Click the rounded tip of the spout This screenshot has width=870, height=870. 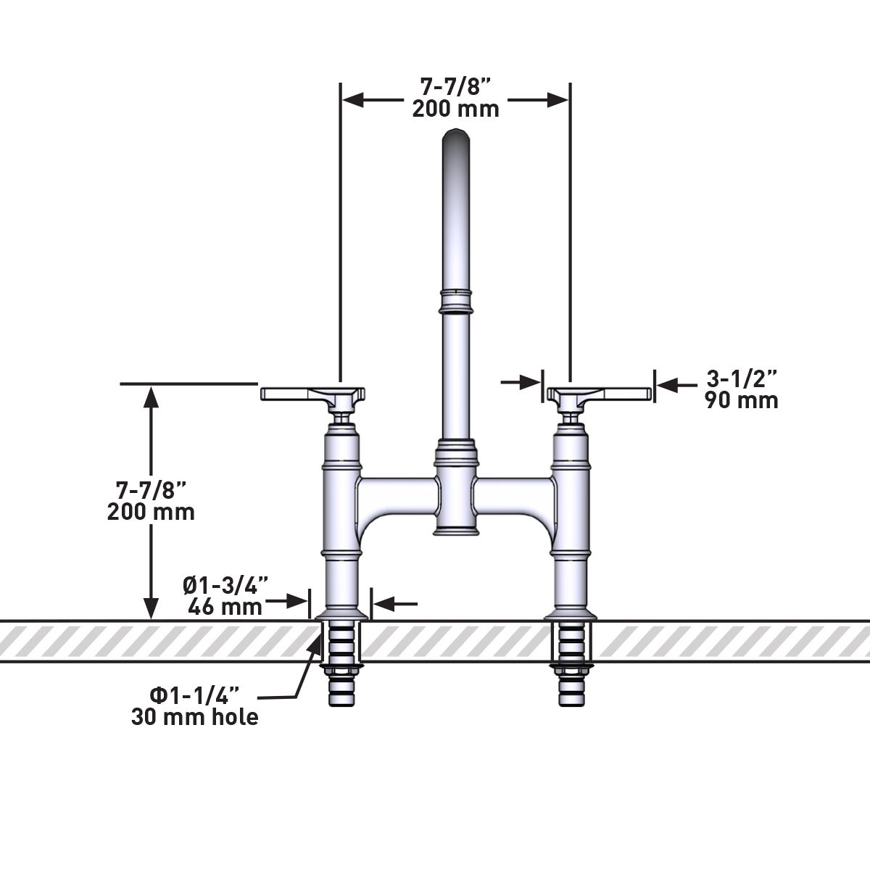(x=455, y=136)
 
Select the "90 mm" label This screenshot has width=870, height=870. (x=742, y=400)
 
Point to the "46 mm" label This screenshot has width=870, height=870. (x=225, y=606)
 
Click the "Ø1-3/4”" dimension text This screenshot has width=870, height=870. (x=225, y=584)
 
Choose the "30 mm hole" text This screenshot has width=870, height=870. (x=195, y=717)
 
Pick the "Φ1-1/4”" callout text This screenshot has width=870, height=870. (x=190, y=695)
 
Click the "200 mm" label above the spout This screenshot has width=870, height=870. (x=455, y=109)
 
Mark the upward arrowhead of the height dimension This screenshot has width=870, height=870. (x=151, y=394)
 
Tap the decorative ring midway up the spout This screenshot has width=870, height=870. (x=455, y=301)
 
